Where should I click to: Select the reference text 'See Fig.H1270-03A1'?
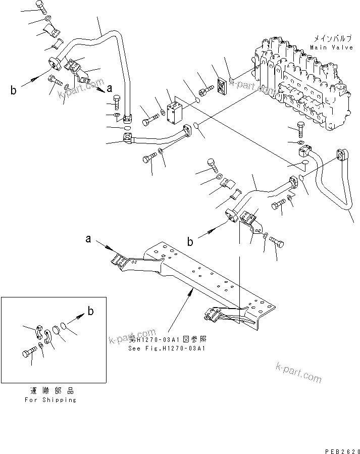point(167,348)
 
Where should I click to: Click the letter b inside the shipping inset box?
point(90,311)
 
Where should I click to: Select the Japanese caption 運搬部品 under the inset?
point(50,391)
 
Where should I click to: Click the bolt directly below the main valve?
point(300,131)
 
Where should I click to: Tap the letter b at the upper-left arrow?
point(13,90)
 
